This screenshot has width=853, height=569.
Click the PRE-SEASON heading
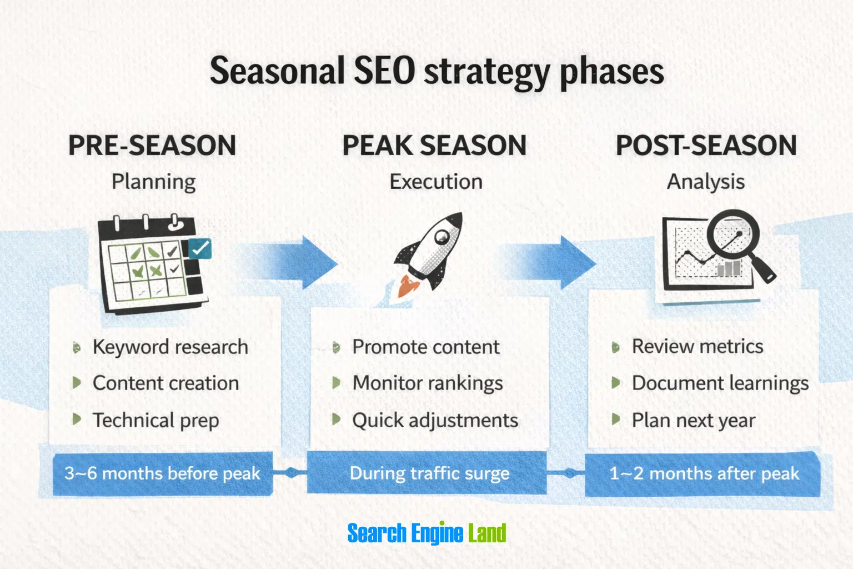tap(152, 145)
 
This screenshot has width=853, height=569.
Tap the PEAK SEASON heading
tap(434, 145)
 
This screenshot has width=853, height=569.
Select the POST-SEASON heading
tap(706, 145)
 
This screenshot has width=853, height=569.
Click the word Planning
tap(153, 182)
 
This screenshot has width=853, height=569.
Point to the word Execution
tap(436, 181)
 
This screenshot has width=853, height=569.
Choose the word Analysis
tap(706, 182)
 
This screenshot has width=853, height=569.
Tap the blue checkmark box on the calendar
tap(199, 248)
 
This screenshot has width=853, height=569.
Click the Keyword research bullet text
tap(170, 347)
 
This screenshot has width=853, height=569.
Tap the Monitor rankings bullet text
tap(428, 383)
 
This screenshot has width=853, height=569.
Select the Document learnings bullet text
tap(720, 383)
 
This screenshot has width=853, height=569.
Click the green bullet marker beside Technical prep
tap(77, 419)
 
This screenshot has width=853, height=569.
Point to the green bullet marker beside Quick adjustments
tap(336, 419)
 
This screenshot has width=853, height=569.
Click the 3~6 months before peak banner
tap(163, 474)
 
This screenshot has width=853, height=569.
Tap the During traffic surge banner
tap(427, 473)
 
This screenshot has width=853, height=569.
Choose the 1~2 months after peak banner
tap(703, 474)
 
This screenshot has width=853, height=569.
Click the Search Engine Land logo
tap(426, 532)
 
